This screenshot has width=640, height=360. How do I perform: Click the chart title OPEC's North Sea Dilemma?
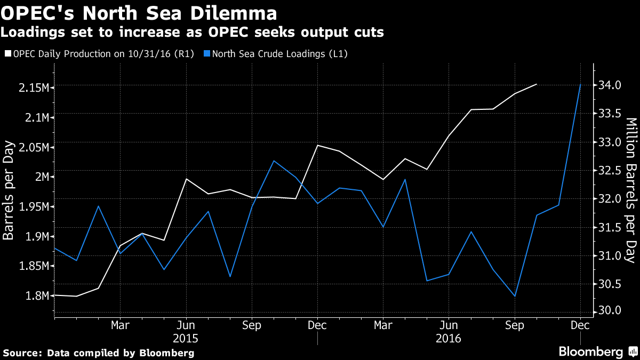[139, 13]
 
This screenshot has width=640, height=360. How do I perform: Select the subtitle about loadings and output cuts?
[192, 33]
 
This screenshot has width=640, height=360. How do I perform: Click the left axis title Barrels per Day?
[9, 191]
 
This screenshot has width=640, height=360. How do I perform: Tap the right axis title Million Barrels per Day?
[631, 191]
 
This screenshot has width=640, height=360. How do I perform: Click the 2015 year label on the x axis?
[186, 338]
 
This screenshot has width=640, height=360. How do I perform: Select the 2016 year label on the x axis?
[449, 338]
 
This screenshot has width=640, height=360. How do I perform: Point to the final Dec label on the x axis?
[580, 325]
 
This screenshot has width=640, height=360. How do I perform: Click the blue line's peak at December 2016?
[580, 84]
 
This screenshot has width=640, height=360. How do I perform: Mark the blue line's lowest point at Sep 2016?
[515, 296]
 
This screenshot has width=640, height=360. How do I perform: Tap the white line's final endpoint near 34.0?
[536, 84]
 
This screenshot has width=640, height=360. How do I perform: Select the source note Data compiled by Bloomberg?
[99, 353]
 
